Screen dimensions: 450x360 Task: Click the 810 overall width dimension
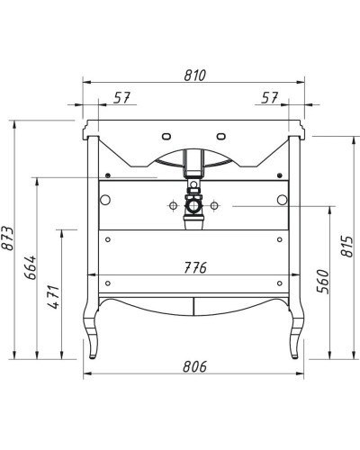(195, 76)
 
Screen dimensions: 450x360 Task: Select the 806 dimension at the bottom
(195, 366)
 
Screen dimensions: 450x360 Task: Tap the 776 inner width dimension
(195, 267)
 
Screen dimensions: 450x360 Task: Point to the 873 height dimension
(8, 237)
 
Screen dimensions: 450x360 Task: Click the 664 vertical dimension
(30, 267)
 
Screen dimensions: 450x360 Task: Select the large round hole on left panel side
(105, 198)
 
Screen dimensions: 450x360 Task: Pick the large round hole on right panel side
(282, 198)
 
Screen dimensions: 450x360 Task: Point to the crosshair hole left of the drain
(170, 206)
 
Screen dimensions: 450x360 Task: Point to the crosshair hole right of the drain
(215, 206)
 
